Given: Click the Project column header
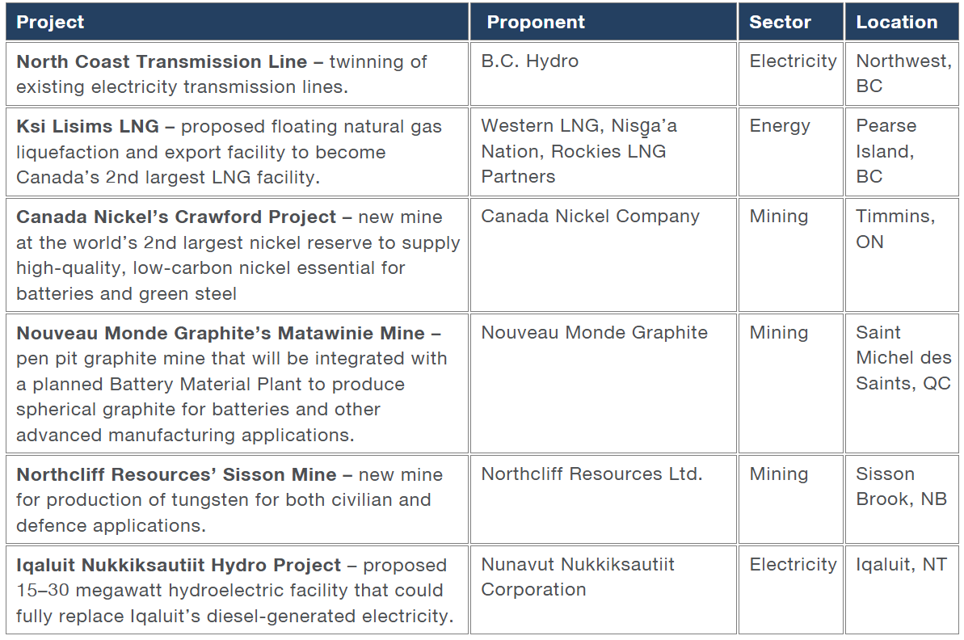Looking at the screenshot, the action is (50, 22).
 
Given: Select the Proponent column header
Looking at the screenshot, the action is (536, 22).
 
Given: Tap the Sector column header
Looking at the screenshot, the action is (781, 22).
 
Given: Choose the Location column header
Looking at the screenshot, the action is (897, 22).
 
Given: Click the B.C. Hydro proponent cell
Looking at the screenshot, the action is (529, 61).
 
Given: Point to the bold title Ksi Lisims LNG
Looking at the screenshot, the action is (87, 127).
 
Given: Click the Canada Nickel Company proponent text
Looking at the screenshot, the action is (590, 217).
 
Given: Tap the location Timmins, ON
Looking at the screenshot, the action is (895, 229).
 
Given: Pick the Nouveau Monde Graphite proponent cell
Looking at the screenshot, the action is (594, 333).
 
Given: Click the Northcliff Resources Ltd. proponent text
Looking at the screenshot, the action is (591, 474).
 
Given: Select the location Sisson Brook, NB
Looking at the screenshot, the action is (901, 486).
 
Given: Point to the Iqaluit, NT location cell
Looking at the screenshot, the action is (901, 565).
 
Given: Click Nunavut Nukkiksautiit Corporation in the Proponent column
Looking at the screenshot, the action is (578, 577).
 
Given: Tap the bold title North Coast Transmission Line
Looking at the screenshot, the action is (162, 62).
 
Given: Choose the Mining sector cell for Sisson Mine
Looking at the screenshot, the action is (779, 474).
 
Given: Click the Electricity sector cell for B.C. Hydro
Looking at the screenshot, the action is (793, 61).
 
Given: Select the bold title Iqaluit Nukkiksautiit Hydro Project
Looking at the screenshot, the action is (179, 566).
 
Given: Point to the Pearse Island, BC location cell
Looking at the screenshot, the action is (886, 151).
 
